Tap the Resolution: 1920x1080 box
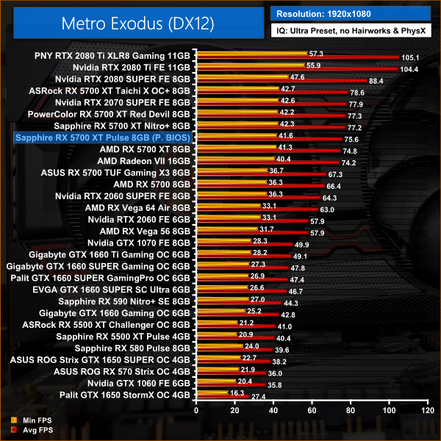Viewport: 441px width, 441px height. click(353, 12)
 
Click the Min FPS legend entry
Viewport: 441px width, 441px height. click(26, 421)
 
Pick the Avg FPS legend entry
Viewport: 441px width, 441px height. click(26, 431)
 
